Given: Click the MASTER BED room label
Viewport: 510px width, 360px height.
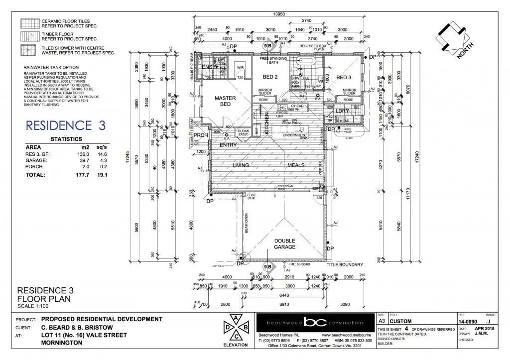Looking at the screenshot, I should pos(225,102).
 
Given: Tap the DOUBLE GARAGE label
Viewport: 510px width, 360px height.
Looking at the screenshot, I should pos(285,244).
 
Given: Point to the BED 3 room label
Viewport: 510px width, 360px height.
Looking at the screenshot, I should pos(344,78).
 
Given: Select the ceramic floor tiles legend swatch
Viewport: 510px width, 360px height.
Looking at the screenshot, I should pos(29,23).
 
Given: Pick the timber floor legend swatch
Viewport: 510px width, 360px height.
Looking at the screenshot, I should pos(29,36).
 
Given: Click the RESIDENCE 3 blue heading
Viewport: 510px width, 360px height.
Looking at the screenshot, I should pos(66,125).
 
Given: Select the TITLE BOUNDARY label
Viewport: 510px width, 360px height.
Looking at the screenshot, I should pos(345,265).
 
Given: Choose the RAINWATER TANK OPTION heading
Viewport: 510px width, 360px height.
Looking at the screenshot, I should pos(51,67).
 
